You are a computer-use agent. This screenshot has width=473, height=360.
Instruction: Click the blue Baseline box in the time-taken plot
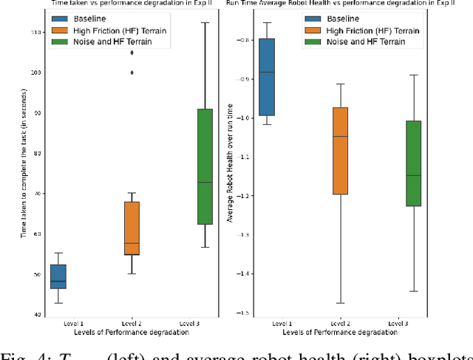coord(57,276)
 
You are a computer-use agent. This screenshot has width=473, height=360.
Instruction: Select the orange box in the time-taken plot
coord(132,228)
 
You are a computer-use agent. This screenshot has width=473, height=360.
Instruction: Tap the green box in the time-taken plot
coord(205,166)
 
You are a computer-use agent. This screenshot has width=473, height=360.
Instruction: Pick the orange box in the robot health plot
coord(341,151)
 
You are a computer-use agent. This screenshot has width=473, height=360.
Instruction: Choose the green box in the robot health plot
coord(413,163)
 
